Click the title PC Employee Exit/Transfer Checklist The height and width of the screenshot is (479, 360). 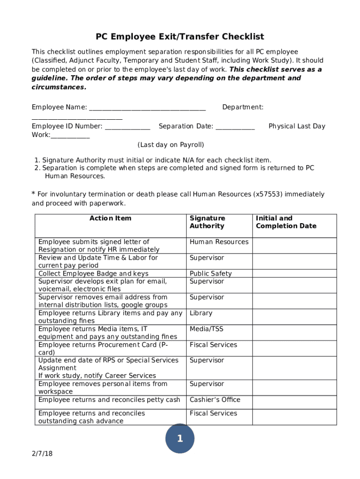[x=180, y=36]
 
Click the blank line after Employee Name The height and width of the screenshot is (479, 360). [x=147, y=108]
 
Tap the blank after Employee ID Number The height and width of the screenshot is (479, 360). [x=128, y=127]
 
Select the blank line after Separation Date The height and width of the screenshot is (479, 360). [x=236, y=127]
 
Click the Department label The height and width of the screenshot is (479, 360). [x=243, y=108]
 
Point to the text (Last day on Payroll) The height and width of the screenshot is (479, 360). [x=171, y=145]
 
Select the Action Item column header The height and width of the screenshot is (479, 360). [x=110, y=218]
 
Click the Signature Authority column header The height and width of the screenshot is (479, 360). [x=207, y=222]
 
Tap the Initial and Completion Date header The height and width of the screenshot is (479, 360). [x=286, y=222]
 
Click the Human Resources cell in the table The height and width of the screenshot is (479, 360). [x=219, y=242]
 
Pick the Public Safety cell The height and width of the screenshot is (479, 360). [x=210, y=274]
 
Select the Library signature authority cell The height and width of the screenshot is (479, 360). [x=201, y=313]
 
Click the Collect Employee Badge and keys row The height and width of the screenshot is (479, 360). [x=94, y=274]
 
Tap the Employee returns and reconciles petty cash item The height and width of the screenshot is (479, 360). [x=109, y=399]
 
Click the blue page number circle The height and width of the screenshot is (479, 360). [x=180, y=439]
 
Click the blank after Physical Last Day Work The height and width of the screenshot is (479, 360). [x=70, y=136]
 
